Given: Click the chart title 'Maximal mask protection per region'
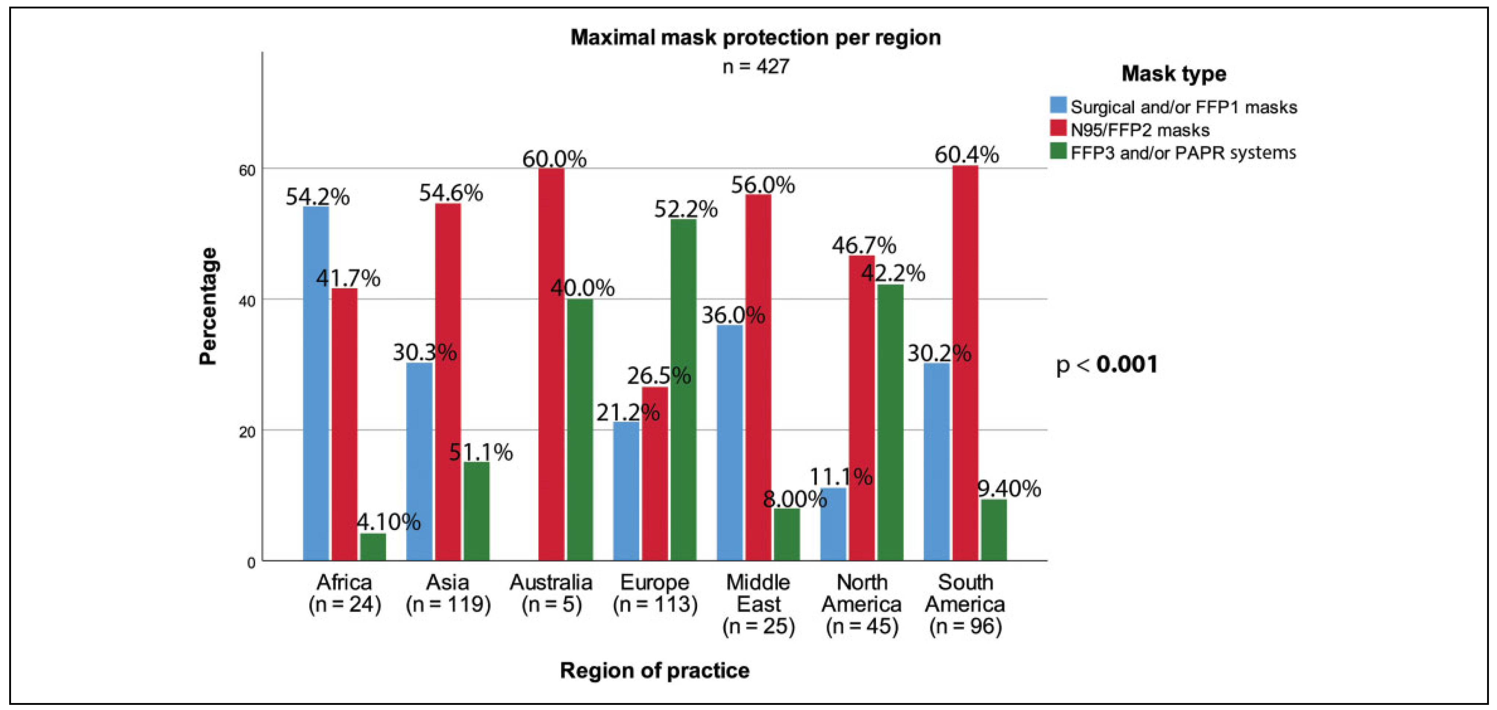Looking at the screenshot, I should click(755, 37).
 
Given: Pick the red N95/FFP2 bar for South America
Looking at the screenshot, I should click(965, 363).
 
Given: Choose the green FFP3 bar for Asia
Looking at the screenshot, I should click(476, 511).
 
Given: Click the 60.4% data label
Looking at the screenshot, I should click(966, 155).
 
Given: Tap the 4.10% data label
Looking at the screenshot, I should click(388, 522).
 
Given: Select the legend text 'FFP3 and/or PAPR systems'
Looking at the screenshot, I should click(1183, 153).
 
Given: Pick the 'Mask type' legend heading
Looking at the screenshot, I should click(1173, 74).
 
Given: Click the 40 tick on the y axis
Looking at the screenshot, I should click(248, 301).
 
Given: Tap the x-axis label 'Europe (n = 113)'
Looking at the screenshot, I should click(655, 593).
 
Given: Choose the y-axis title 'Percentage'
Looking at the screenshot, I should click(208, 306).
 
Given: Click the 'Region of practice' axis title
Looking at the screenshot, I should click(654, 670).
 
